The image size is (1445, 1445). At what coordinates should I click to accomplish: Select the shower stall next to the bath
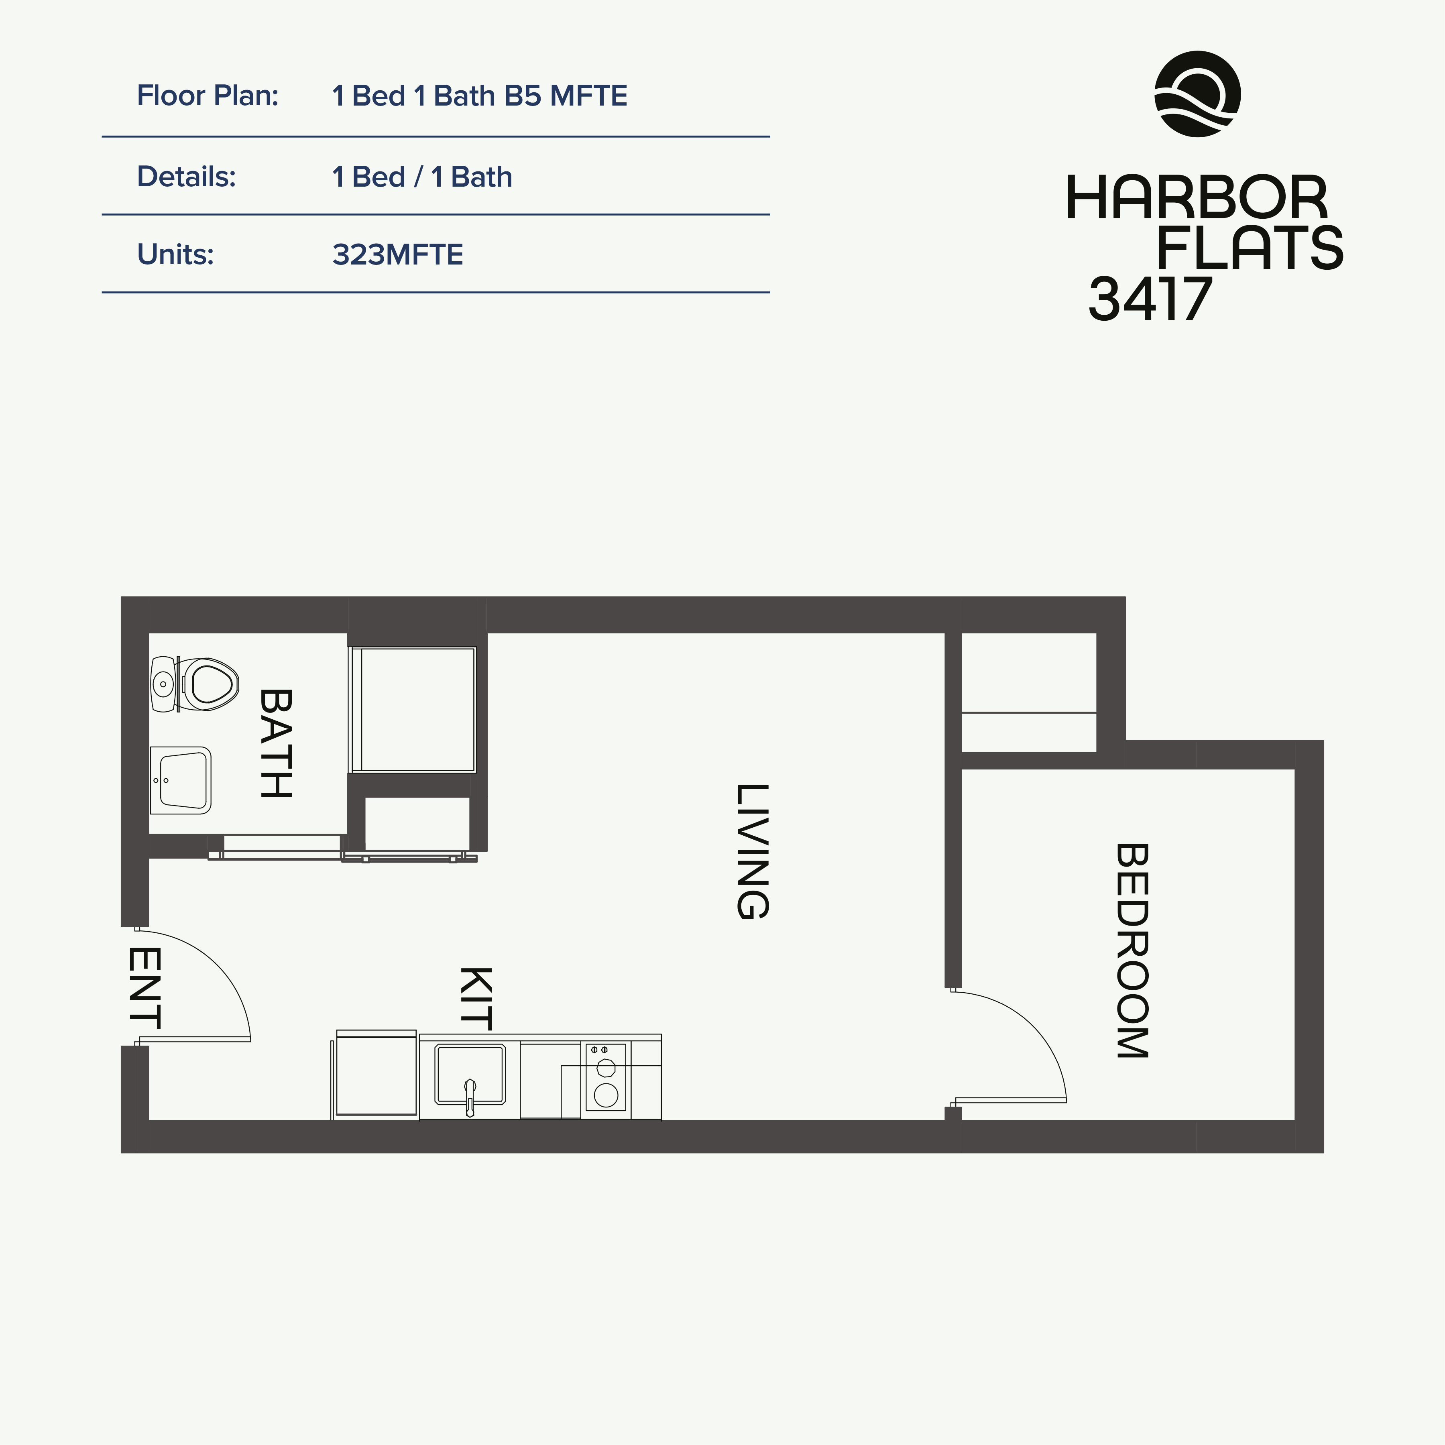tap(412, 709)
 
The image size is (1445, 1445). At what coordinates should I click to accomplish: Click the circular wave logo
tap(1197, 94)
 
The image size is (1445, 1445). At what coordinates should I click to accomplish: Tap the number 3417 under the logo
tap(1150, 299)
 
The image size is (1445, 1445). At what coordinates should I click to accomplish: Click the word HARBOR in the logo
tap(1196, 198)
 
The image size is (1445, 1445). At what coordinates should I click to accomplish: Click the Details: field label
tap(186, 177)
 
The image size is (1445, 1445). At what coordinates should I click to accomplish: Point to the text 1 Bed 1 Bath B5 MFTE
tap(479, 96)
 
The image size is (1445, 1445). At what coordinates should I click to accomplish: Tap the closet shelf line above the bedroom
tap(1028, 713)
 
